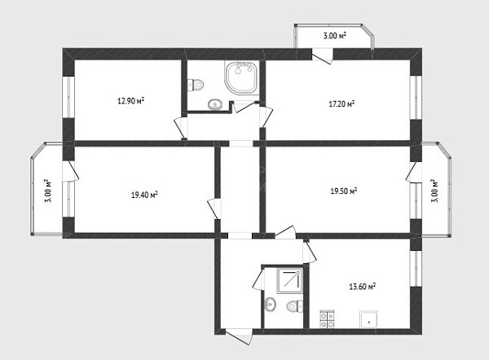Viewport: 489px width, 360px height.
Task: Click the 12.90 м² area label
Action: click(130, 101)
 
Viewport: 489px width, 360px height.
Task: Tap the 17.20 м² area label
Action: click(341, 103)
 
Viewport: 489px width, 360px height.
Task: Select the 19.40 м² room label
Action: click(144, 195)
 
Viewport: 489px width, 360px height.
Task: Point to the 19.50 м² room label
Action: click(344, 191)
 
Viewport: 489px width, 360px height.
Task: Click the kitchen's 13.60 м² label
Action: click(362, 287)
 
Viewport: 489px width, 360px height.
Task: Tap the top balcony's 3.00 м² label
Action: click(335, 36)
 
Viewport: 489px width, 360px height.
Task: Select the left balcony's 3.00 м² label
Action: click(48, 191)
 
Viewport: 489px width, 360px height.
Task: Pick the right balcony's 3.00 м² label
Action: click(434, 191)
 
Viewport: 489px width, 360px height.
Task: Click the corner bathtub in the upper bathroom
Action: click(242, 77)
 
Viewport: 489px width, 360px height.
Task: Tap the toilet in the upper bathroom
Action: click(196, 85)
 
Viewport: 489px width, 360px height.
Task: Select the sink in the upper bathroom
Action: click(215, 104)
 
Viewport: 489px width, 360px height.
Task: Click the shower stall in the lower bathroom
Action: click(289, 280)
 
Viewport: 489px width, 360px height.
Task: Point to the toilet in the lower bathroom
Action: click(295, 306)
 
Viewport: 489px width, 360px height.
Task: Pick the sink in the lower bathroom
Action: click(270, 304)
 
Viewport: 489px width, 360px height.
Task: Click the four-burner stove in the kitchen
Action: click(327, 319)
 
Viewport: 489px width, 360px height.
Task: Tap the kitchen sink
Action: click(368, 319)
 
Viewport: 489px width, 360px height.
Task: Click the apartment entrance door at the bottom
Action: click(239, 336)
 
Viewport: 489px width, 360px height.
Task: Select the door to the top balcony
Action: click(322, 56)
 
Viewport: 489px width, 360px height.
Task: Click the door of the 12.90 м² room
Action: click(181, 128)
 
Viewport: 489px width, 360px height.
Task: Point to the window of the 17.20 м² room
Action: click(416, 97)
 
